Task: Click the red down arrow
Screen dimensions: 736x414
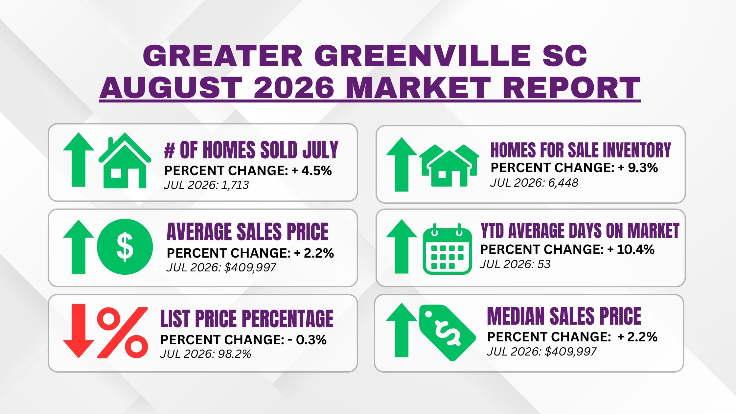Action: click(x=79, y=331)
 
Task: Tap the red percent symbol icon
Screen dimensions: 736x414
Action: click(x=123, y=333)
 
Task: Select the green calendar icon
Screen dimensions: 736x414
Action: click(x=447, y=249)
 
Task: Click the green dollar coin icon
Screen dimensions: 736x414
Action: click(x=125, y=247)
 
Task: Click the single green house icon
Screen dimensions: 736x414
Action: click(x=125, y=161)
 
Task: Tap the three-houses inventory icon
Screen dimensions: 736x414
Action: click(x=449, y=165)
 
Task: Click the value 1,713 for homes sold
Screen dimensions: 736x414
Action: click(x=235, y=185)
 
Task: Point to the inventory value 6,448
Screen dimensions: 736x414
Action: click(x=563, y=183)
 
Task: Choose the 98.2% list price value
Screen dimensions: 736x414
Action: click(x=236, y=354)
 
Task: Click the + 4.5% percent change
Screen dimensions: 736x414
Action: click(x=311, y=171)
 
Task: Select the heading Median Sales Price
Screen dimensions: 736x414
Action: click(x=564, y=316)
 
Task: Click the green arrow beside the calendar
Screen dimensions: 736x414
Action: click(x=402, y=246)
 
